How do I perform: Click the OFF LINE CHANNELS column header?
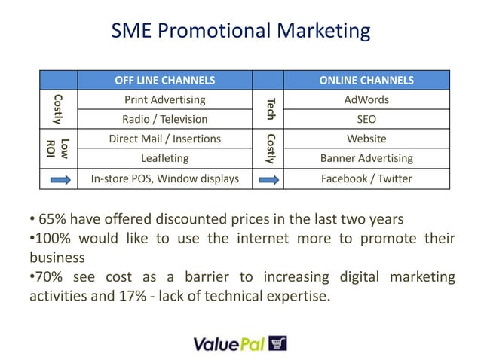point(164,80)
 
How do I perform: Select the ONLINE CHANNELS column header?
point(366,80)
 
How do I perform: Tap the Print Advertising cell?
point(164,99)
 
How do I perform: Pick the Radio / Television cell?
point(164,119)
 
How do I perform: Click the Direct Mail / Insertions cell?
point(164,139)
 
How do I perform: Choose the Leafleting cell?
point(164,158)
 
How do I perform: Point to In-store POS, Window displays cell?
point(164,178)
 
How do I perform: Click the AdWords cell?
point(366,99)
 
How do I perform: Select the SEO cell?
point(366,119)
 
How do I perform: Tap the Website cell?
point(366,139)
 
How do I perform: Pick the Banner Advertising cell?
point(366,158)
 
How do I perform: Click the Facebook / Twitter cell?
point(366,178)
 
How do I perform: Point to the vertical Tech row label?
point(270,108)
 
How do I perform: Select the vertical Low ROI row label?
point(58,148)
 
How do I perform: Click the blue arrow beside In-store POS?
point(59,179)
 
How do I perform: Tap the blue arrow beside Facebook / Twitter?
point(270,179)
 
